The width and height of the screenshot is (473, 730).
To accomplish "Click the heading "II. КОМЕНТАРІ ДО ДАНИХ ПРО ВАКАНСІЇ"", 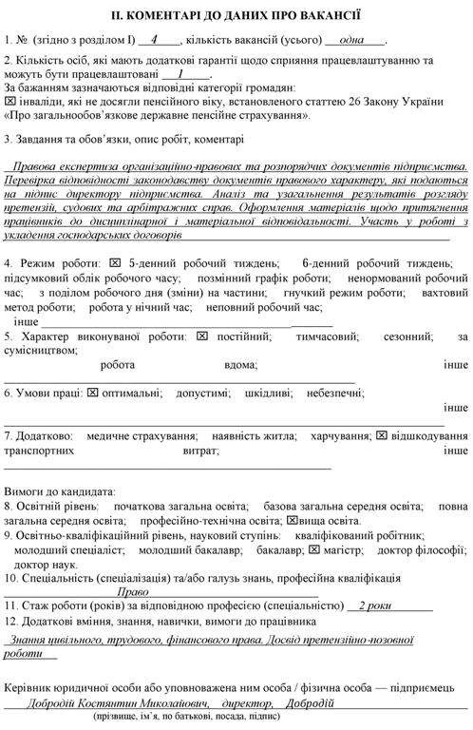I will coord(236,16).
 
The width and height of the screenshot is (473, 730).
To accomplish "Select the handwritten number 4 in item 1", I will coord(154,40).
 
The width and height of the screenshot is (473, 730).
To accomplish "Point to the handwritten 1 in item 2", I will coord(180,72).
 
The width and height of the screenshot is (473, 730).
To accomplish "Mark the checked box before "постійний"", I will coord(202,336).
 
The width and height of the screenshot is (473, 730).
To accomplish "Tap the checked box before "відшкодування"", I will coord(381,435).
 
